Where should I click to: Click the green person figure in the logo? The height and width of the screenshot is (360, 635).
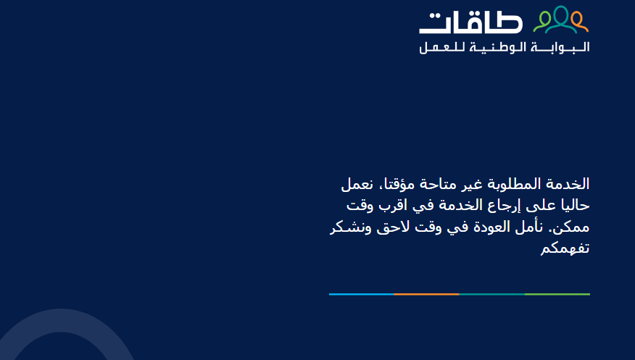point(543,22)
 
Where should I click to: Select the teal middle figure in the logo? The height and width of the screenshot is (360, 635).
point(561,20)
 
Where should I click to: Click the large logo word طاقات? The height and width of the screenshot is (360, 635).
point(470,22)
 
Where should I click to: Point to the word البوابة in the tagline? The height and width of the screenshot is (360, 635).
point(560,47)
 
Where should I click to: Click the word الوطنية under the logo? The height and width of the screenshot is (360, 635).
point(498,47)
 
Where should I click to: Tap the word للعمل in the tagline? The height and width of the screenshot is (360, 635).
point(442,47)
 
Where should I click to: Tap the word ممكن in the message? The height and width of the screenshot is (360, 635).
point(571,227)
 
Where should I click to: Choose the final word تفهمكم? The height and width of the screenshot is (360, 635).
point(565,248)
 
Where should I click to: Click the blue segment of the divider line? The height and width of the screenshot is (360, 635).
point(361,295)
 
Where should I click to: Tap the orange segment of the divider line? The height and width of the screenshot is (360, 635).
point(426,295)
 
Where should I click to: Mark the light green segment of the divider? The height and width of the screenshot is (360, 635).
point(557,295)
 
